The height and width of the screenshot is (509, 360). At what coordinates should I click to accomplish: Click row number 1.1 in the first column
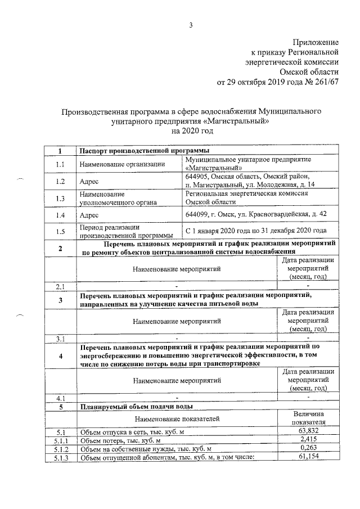click(x=60, y=164)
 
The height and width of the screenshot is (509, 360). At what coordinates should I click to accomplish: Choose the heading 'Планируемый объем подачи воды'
click(x=137, y=406)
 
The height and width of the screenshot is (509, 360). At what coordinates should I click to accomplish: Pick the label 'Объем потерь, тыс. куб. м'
click(x=120, y=440)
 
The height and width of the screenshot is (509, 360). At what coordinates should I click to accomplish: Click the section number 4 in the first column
click(x=60, y=356)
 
